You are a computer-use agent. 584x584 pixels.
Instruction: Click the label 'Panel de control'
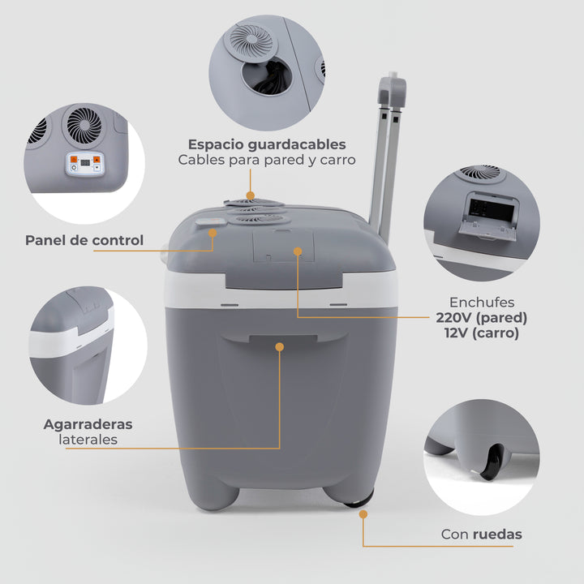click(x=84, y=240)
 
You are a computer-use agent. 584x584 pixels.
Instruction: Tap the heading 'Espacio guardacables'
click(x=267, y=144)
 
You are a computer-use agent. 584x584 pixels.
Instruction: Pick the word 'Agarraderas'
click(x=88, y=424)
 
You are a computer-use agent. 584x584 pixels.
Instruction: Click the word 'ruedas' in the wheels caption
click(x=498, y=535)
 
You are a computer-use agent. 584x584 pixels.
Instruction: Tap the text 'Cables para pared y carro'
click(x=267, y=160)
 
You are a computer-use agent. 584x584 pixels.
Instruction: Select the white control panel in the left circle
click(x=84, y=165)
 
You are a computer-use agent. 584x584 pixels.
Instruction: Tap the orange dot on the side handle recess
click(x=280, y=346)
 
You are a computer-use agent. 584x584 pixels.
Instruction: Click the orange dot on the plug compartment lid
click(x=298, y=252)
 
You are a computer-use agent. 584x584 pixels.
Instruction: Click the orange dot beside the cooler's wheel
click(x=362, y=513)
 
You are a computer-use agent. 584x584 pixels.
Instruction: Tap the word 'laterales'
click(x=88, y=440)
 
